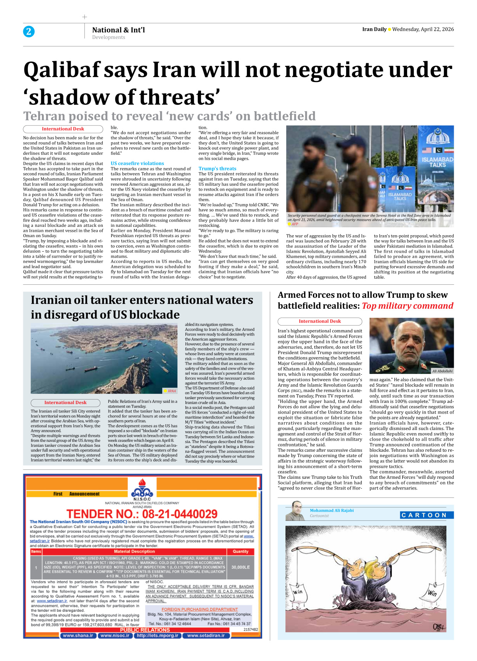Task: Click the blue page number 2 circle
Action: click(29, 31)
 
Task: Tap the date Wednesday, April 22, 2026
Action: click(423, 29)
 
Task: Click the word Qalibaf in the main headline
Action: click(62, 71)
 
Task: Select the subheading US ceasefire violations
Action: click(137, 163)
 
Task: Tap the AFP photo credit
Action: click(295, 224)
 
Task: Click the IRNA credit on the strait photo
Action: click(171, 391)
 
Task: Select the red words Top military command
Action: click(407, 306)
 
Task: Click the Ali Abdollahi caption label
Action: click(442, 371)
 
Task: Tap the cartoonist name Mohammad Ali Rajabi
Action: click(332, 510)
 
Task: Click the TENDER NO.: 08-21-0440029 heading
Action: click(142, 514)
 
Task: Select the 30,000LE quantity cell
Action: click(240, 567)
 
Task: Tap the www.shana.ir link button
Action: click(78, 635)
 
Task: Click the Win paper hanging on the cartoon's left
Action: click(298, 592)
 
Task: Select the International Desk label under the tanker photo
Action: click(65, 403)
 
